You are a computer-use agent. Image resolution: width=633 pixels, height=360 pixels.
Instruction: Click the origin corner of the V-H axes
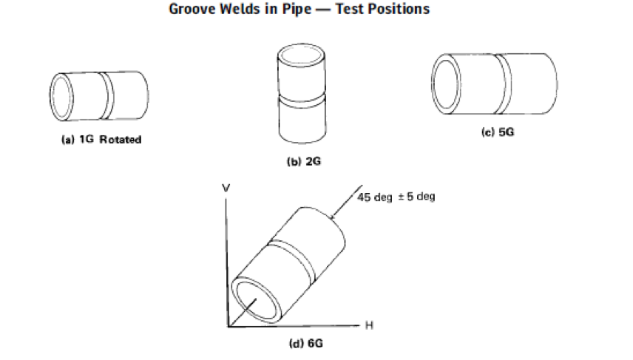tap(229, 325)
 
